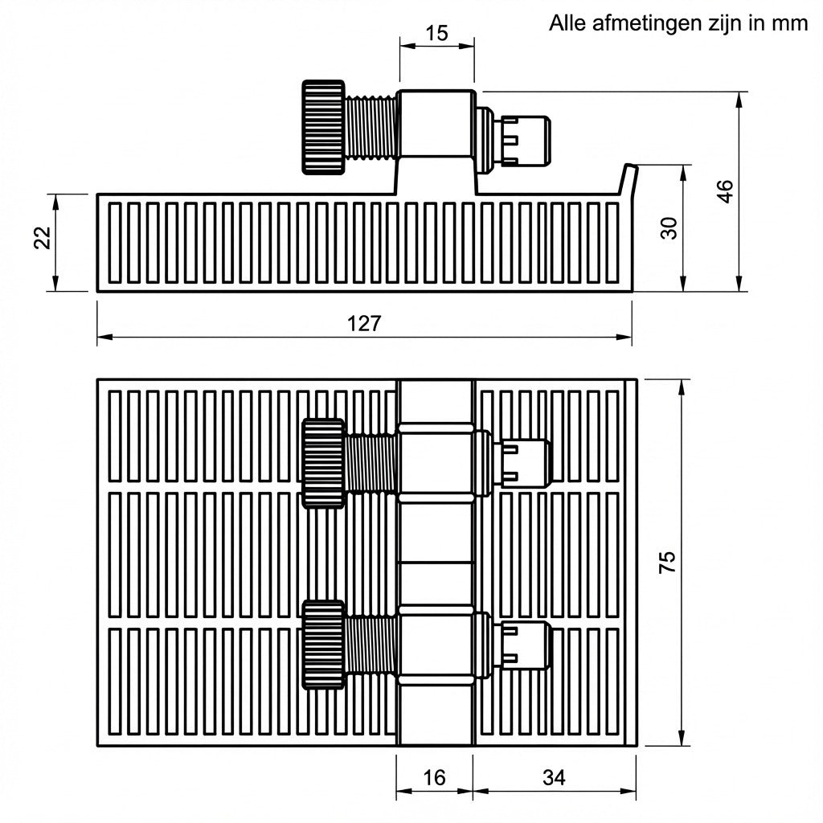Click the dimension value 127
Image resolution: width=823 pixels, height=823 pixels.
click(364, 324)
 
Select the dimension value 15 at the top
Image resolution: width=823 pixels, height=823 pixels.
click(436, 33)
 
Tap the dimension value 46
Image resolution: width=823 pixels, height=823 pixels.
click(725, 191)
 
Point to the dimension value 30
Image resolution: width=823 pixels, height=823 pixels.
click(669, 228)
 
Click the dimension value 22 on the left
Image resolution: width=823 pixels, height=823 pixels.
click(42, 238)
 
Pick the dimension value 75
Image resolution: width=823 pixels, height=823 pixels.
click(667, 562)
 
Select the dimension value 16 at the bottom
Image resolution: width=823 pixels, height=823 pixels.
click(435, 777)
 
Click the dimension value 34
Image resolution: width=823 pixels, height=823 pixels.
click(554, 777)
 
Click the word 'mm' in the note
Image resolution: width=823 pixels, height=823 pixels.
click(789, 24)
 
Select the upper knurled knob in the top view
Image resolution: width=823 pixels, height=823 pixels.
click(324, 464)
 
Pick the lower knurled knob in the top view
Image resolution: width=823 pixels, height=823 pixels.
click(324, 645)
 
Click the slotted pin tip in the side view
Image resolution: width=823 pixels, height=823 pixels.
click(526, 141)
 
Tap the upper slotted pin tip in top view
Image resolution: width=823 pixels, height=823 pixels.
click(526, 464)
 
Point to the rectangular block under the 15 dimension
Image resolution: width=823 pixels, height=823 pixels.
click(436, 125)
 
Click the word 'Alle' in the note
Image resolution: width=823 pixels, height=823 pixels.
click(567, 23)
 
